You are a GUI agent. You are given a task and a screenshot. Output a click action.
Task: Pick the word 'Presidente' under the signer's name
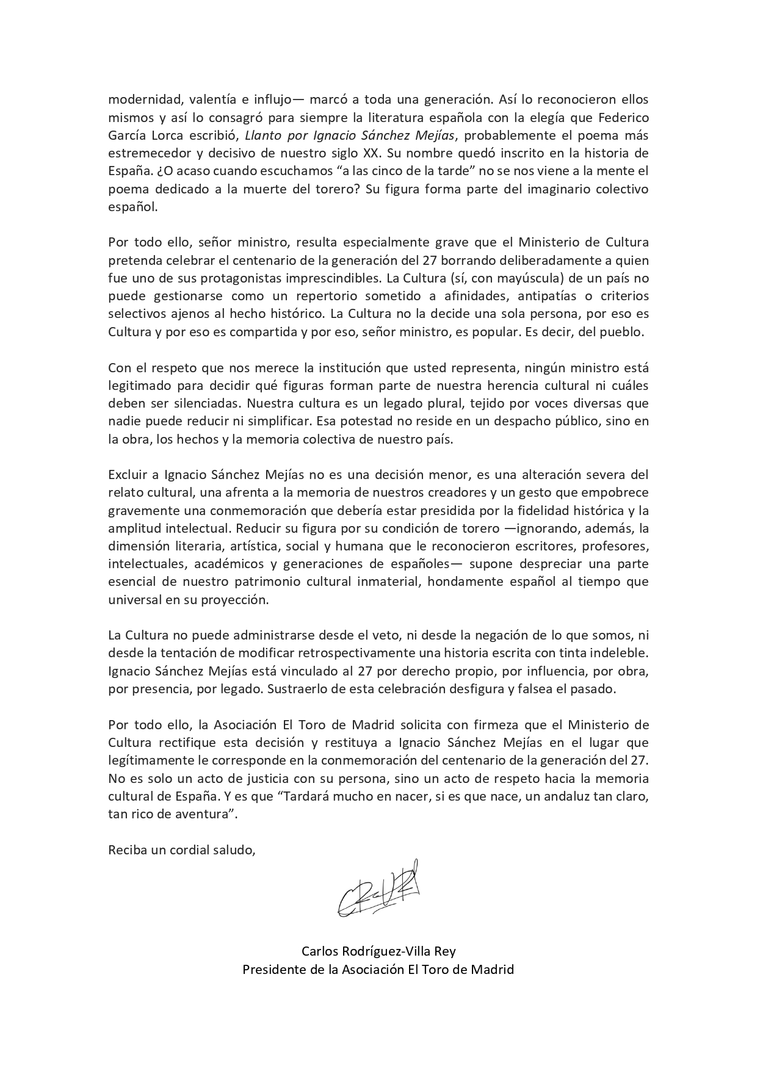pyautogui.click(x=272, y=969)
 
